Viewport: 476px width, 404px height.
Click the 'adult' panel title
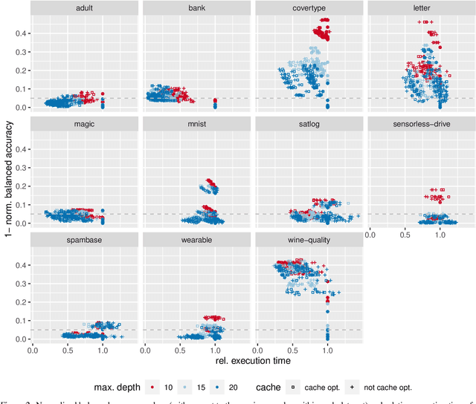tap(84, 9)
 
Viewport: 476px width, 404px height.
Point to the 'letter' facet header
tap(421, 9)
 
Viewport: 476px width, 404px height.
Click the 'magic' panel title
tap(84, 124)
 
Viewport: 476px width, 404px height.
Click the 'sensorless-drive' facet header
tap(421, 124)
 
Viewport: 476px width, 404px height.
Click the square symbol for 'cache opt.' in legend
tap(292, 387)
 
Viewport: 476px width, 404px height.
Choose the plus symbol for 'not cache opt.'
tap(356, 387)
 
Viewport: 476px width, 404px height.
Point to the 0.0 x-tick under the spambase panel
tap(33, 349)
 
